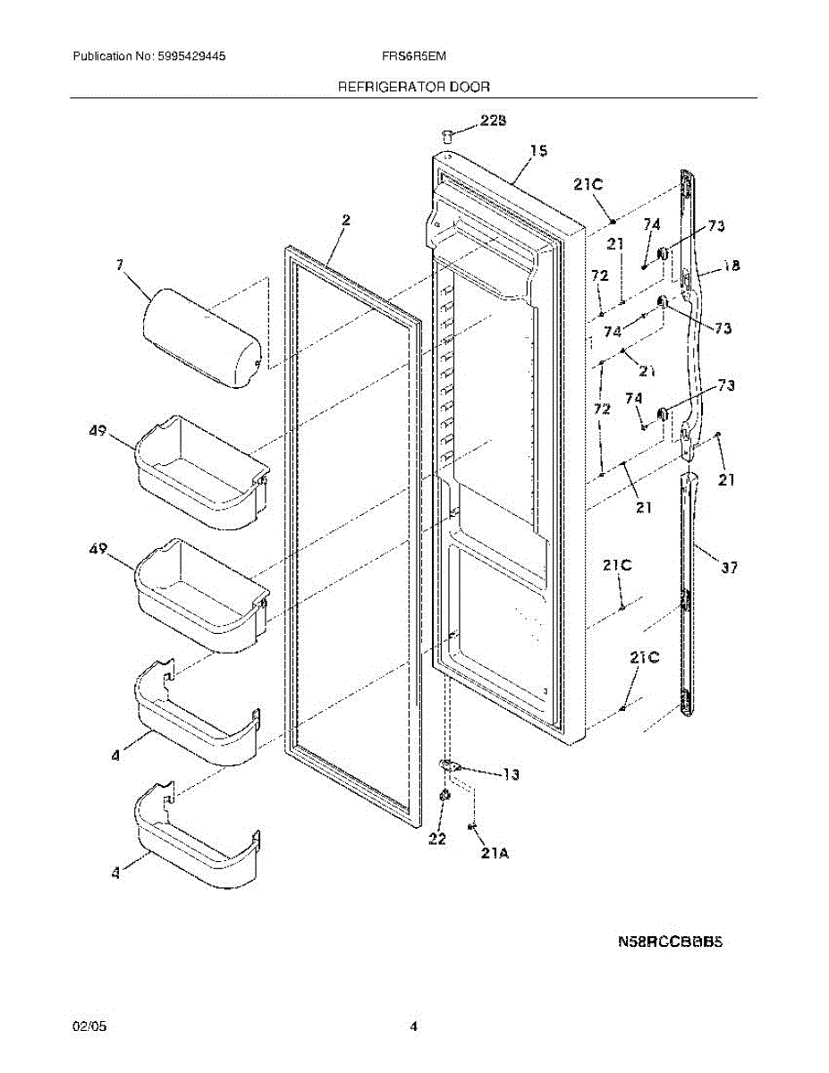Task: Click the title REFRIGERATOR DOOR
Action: [x=413, y=87]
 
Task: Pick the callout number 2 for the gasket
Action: [x=345, y=220]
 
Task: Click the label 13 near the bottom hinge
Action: [x=510, y=775]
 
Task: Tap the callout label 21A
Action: [x=494, y=854]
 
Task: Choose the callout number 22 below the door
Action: [x=436, y=838]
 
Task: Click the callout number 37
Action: [x=729, y=566]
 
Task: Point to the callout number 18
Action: [x=731, y=266]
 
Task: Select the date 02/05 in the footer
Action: [x=86, y=1027]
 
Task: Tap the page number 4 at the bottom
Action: [x=413, y=1027]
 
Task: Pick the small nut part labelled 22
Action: [x=444, y=797]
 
